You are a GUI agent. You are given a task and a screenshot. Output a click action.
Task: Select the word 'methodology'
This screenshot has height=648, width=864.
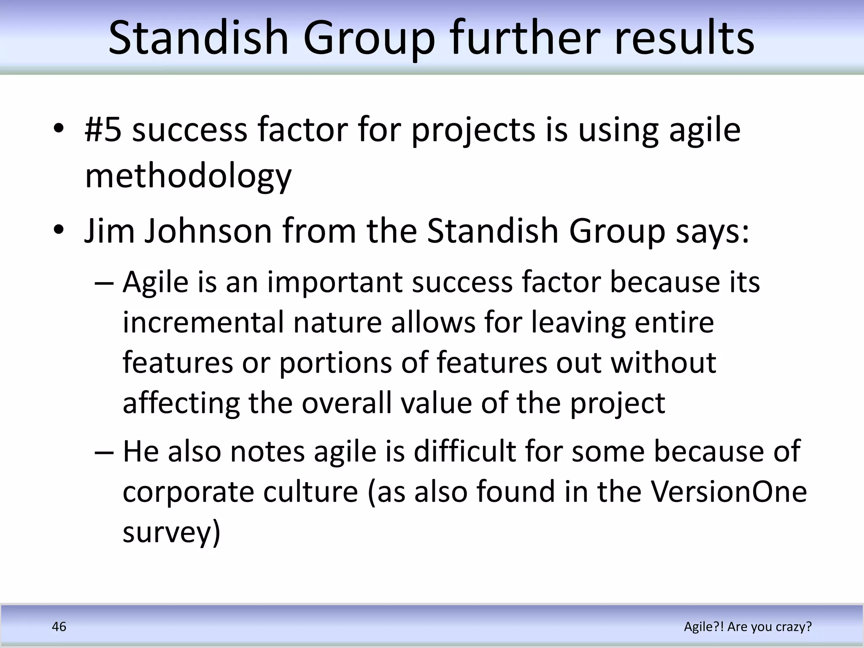point(188,176)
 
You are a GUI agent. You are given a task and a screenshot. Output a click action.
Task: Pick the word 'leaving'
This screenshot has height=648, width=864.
point(578,323)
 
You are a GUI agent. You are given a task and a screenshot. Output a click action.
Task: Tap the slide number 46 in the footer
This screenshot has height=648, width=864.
point(59,627)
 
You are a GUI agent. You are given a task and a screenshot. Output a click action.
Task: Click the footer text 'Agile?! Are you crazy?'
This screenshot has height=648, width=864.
point(748,627)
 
